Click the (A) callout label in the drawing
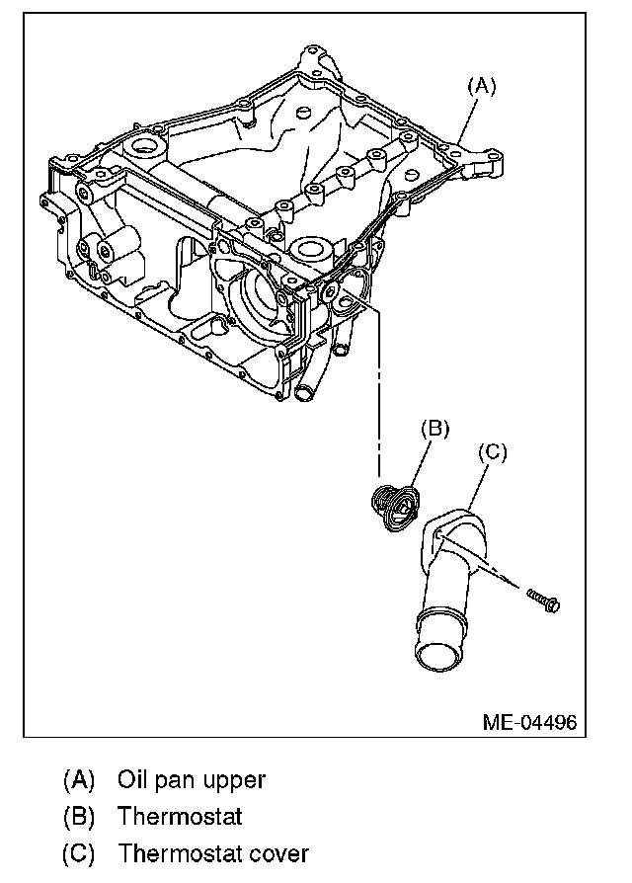pyautogui.click(x=481, y=86)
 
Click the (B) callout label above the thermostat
pyautogui.click(x=435, y=428)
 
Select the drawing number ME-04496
pyautogui.click(x=529, y=722)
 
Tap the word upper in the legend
pyautogui.click(x=233, y=780)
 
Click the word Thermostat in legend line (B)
pyautogui.click(x=180, y=817)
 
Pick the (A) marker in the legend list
pyautogui.click(x=78, y=779)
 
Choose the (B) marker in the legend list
pyautogui.click(x=78, y=817)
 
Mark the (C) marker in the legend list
pyautogui.click(x=78, y=853)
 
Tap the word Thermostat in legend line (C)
pyautogui.click(x=180, y=853)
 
